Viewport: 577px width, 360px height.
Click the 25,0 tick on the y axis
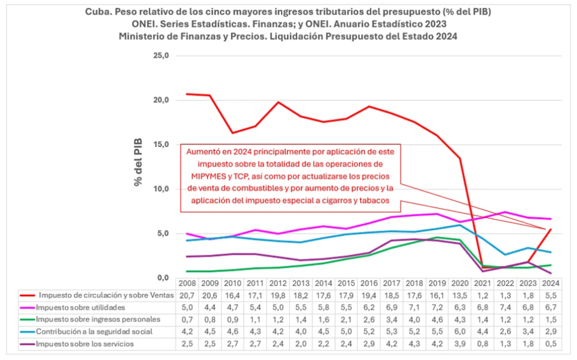point(162,56)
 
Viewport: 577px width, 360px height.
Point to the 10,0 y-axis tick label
point(162,189)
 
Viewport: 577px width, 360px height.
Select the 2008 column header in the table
point(188,284)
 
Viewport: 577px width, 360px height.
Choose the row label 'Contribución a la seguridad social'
point(92,331)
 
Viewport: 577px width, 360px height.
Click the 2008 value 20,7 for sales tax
point(188,296)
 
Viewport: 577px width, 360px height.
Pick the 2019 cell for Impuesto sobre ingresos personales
point(438,319)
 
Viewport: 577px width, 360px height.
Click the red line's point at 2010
point(233,133)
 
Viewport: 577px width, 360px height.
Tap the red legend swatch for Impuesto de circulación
point(28,296)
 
